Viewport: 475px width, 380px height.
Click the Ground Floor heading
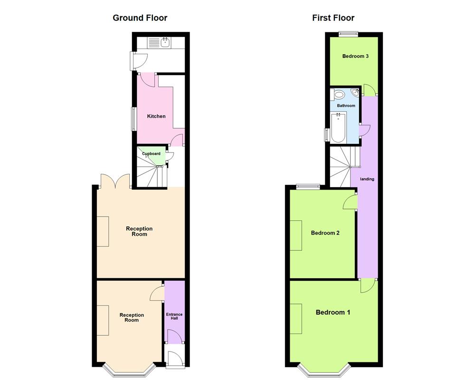140,18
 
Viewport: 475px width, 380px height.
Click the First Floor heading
333,18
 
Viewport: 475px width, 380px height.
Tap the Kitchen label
156,116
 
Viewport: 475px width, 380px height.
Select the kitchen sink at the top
165,43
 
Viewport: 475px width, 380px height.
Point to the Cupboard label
151,154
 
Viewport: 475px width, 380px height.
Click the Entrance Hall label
174,316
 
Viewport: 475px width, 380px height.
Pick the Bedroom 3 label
356,56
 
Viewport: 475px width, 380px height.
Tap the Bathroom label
346,105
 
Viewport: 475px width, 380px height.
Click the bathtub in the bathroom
338,128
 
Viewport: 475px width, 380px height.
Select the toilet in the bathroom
338,95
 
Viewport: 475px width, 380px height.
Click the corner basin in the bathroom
355,92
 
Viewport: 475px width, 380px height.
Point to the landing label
367,179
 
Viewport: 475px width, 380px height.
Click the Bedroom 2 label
325,233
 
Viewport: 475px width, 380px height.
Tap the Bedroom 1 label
333,313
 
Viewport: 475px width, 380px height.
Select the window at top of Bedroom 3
348,33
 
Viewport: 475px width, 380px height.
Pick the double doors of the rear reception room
115,181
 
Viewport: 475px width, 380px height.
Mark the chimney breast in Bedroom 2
295,235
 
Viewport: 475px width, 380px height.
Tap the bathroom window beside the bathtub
326,134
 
